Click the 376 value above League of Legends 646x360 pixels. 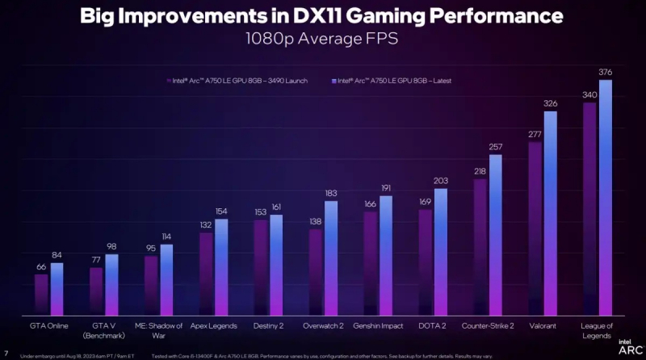point(605,72)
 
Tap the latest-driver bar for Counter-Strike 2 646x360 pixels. point(496,234)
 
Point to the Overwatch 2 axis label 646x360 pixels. point(323,327)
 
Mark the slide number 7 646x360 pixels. point(6,353)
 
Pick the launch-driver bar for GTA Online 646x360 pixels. point(40,294)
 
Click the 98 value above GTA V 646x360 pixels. point(111,247)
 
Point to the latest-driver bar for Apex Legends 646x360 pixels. point(221,266)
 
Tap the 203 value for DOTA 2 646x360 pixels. point(440,181)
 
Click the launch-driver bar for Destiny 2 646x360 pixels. point(260,267)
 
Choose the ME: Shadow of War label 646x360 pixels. point(157,331)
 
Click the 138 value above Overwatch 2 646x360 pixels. point(315,221)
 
